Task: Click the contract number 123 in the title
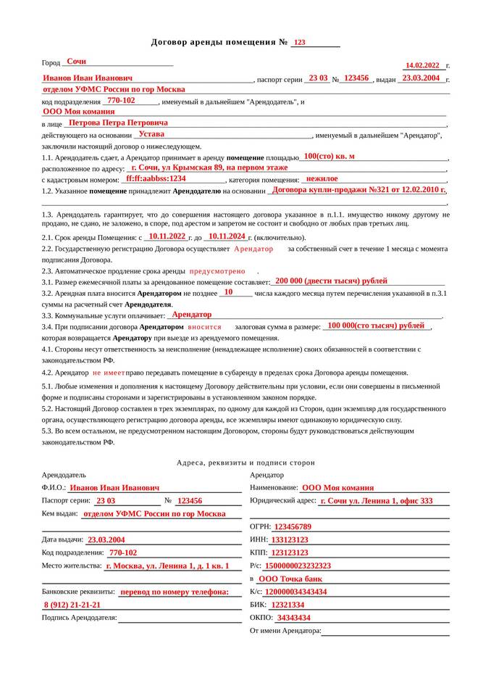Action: [x=300, y=43]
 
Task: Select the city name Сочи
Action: [x=76, y=62]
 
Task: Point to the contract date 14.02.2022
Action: [x=423, y=65]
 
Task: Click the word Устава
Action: [x=151, y=134]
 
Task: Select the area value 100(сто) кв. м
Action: [x=330, y=157]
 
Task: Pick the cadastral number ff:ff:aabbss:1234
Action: [x=156, y=178]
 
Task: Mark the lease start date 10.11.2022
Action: [x=167, y=236]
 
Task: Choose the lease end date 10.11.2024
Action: [x=227, y=236]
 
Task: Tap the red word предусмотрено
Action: [x=217, y=270]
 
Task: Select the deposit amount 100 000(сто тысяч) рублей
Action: [x=376, y=326]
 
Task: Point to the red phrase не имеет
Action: [x=109, y=372]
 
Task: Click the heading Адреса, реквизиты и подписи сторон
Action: [x=246, y=463]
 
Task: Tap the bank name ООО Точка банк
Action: [x=290, y=579]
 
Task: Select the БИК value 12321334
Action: [x=288, y=605]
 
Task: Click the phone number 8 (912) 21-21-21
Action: [x=72, y=605]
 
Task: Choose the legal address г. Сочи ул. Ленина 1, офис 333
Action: [x=376, y=501]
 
